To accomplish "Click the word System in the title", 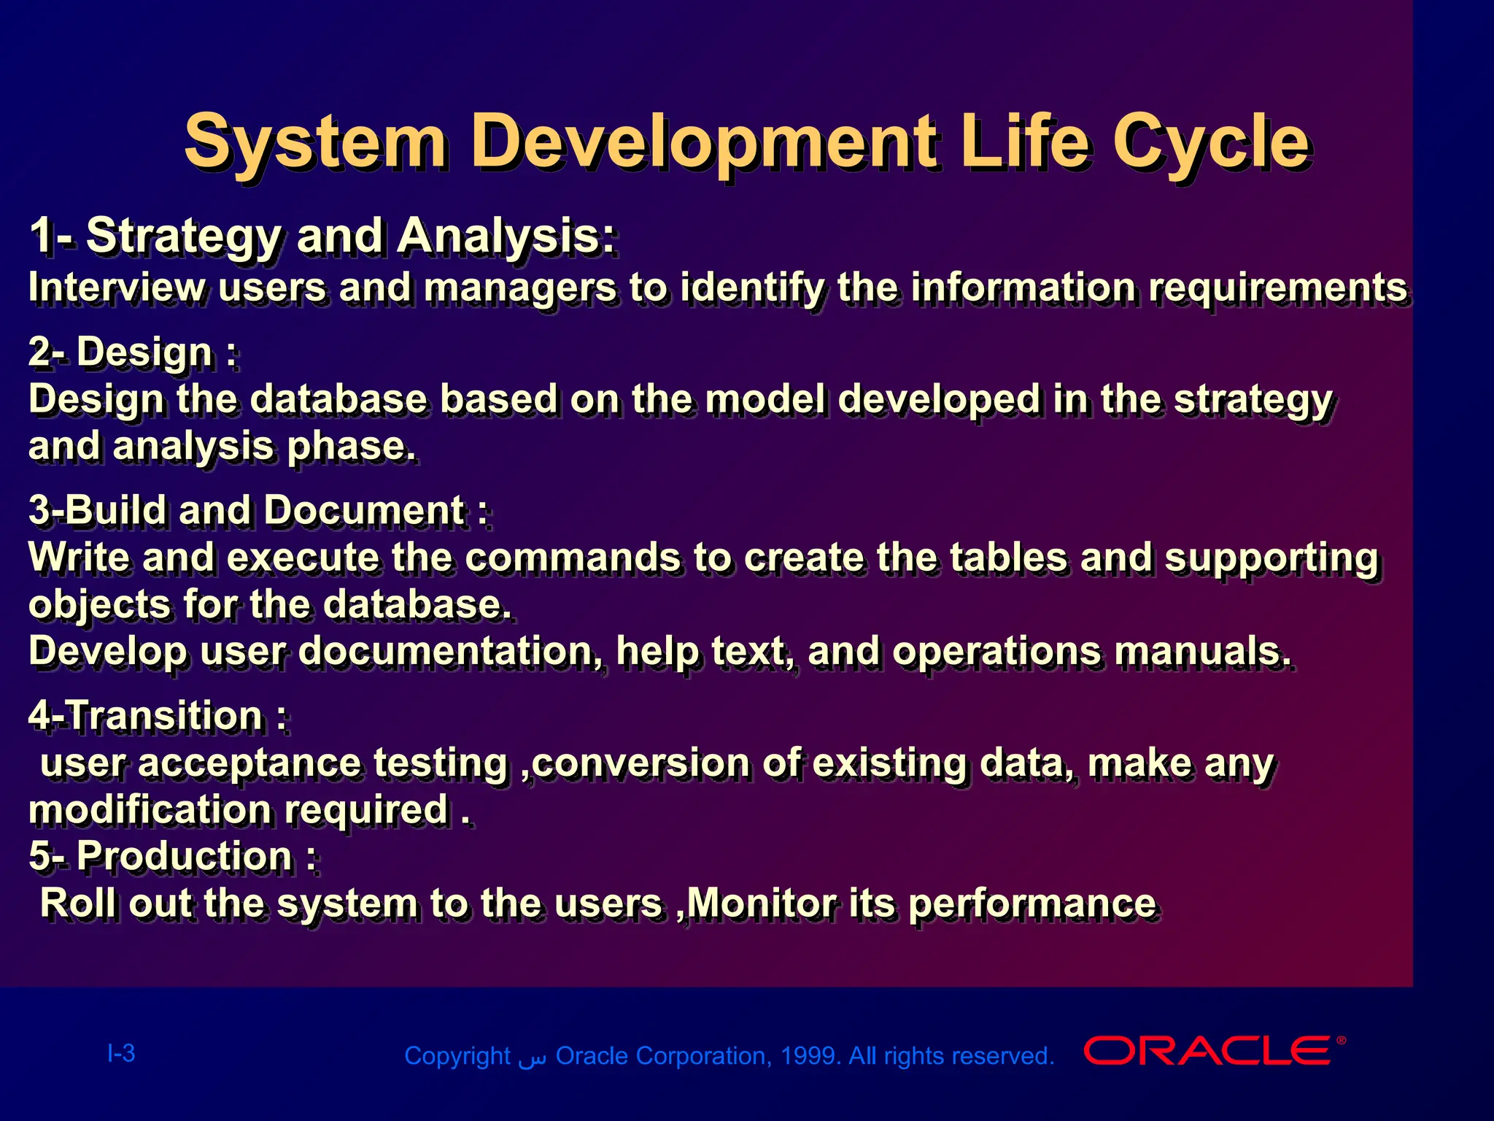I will [x=314, y=142].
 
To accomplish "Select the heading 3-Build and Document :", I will [x=258, y=510].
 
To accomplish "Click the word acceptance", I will [x=249, y=763].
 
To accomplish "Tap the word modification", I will [x=150, y=810].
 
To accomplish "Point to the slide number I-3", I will [x=121, y=1053].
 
